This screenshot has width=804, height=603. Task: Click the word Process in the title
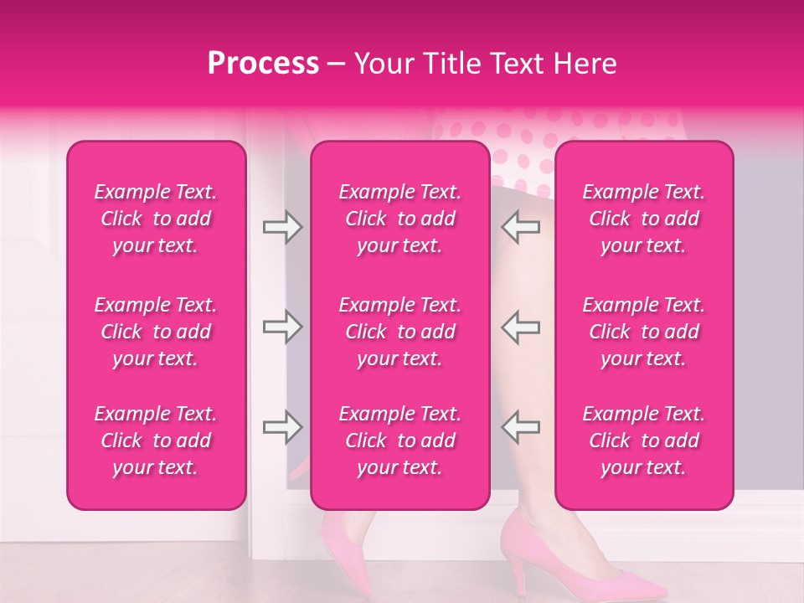[262, 64]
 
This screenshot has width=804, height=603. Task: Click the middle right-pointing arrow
[282, 327]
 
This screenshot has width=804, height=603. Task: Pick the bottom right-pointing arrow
[282, 427]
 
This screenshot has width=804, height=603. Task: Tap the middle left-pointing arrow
[520, 327]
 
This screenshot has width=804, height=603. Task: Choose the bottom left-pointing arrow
[520, 427]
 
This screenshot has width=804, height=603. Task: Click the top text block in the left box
[156, 219]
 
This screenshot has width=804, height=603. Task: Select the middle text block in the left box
[156, 332]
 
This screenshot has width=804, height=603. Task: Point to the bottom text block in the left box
[156, 441]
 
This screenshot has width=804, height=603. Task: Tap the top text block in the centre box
[400, 219]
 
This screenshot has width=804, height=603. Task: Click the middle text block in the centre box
[400, 332]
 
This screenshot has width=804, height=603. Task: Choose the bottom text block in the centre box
[400, 441]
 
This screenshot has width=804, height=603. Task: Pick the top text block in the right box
[644, 219]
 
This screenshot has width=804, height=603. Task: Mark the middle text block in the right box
[644, 332]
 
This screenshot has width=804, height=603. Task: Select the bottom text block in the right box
[644, 441]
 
